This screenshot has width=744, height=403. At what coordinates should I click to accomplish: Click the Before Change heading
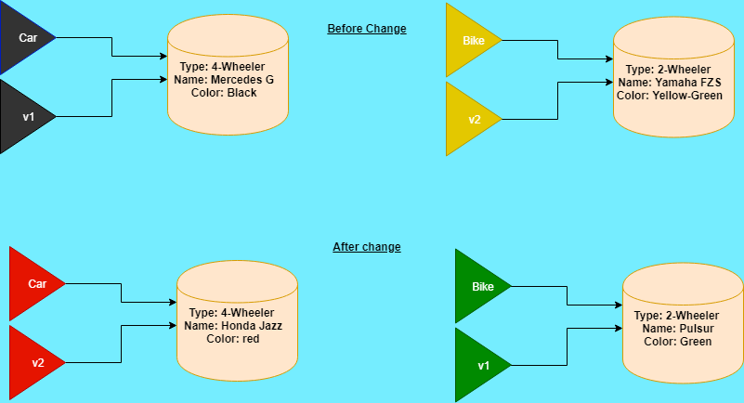pyautogui.click(x=367, y=29)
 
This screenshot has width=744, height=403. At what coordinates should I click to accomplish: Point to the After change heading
pyautogui.click(x=367, y=247)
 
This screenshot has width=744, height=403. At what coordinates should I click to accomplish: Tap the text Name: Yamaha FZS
pyautogui.click(x=669, y=83)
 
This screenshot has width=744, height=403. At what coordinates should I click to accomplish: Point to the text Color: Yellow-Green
pyautogui.click(x=669, y=96)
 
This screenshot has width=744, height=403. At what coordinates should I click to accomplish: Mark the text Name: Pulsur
pyautogui.click(x=677, y=329)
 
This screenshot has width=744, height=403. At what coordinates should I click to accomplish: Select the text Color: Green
pyautogui.click(x=677, y=342)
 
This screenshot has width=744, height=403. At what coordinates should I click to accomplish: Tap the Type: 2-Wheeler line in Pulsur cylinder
pyautogui.click(x=677, y=316)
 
